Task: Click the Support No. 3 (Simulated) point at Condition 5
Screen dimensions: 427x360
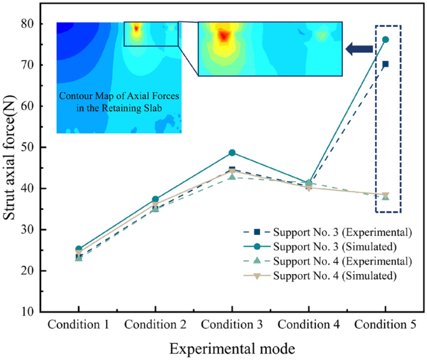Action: [385, 39]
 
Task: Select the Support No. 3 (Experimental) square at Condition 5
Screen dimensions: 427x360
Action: [385, 64]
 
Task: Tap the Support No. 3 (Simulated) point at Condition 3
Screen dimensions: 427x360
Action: [232, 153]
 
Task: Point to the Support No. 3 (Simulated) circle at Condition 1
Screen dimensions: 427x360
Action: [79, 249]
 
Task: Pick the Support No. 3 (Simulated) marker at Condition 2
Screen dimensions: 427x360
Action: [155, 199]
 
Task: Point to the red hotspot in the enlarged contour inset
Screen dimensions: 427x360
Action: [223, 36]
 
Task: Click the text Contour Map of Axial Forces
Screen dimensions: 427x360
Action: [119, 97]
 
